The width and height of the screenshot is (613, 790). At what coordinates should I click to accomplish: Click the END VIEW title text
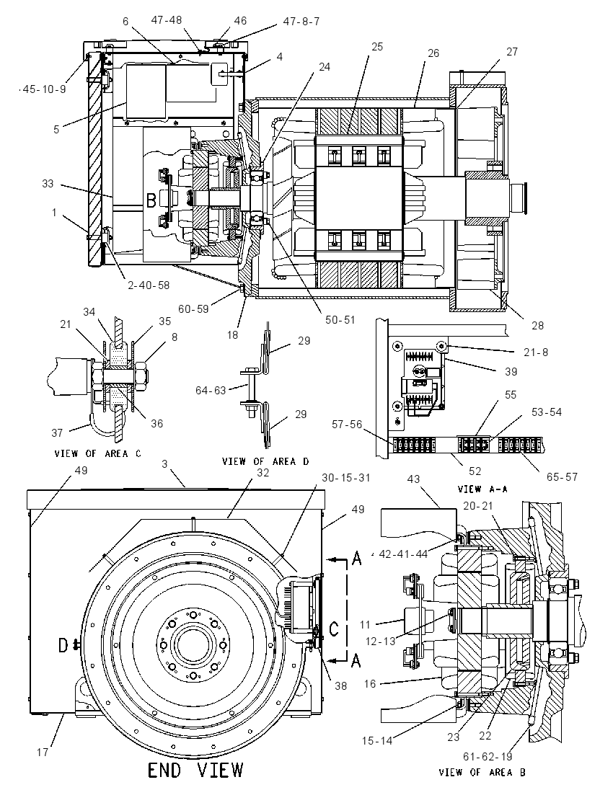195,770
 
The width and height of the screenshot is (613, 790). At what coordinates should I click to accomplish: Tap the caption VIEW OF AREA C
98,453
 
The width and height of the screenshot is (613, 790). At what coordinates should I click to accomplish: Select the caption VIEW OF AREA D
265,461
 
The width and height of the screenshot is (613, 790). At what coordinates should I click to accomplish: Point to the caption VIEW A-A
482,489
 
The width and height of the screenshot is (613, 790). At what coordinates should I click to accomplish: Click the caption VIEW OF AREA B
482,772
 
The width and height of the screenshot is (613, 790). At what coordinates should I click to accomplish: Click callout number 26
433,53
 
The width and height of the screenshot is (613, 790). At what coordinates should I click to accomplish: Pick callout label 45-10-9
45,89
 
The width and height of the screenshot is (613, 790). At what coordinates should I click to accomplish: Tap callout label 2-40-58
149,285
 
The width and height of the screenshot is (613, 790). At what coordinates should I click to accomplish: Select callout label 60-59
193,309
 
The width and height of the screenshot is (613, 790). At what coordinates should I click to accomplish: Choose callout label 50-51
340,319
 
